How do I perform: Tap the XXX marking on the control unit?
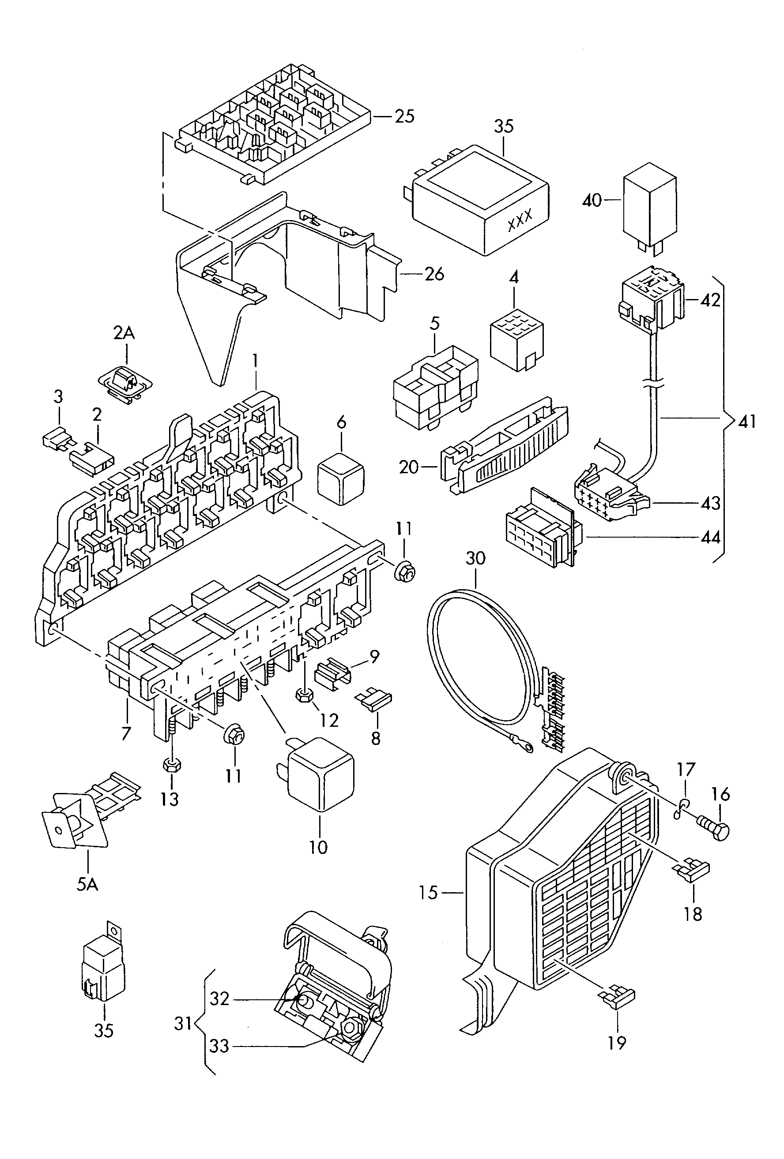click(x=520, y=220)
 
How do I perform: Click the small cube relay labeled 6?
click(x=341, y=478)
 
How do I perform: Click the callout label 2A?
click(x=124, y=333)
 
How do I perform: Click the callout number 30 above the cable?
click(x=475, y=558)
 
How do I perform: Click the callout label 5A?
click(x=87, y=885)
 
